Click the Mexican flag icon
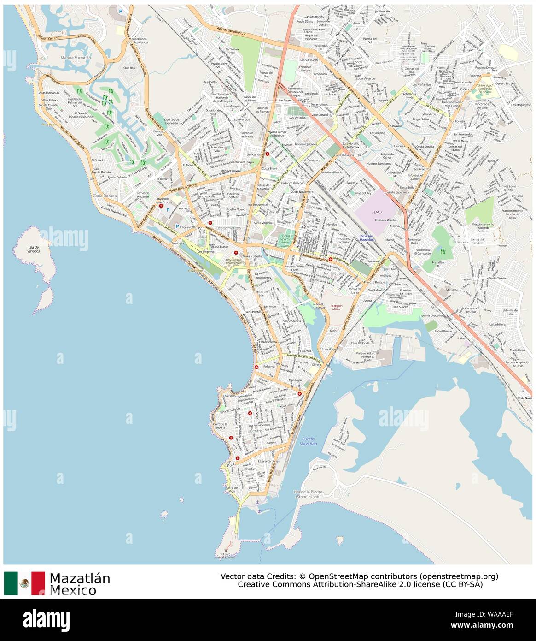point(24,583)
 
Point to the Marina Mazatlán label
point(76,58)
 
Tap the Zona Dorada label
point(105,196)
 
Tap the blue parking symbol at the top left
point(121,11)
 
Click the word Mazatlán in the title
point(80,578)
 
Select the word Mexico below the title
point(73,590)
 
